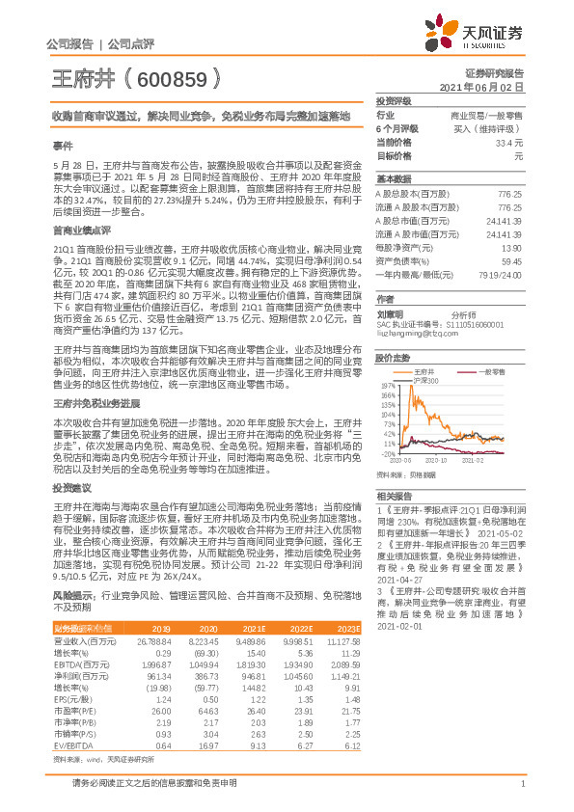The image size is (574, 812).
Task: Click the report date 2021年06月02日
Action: [x=488, y=87]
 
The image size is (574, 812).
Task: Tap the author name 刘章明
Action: [x=389, y=313]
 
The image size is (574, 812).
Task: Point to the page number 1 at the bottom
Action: [x=521, y=795]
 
